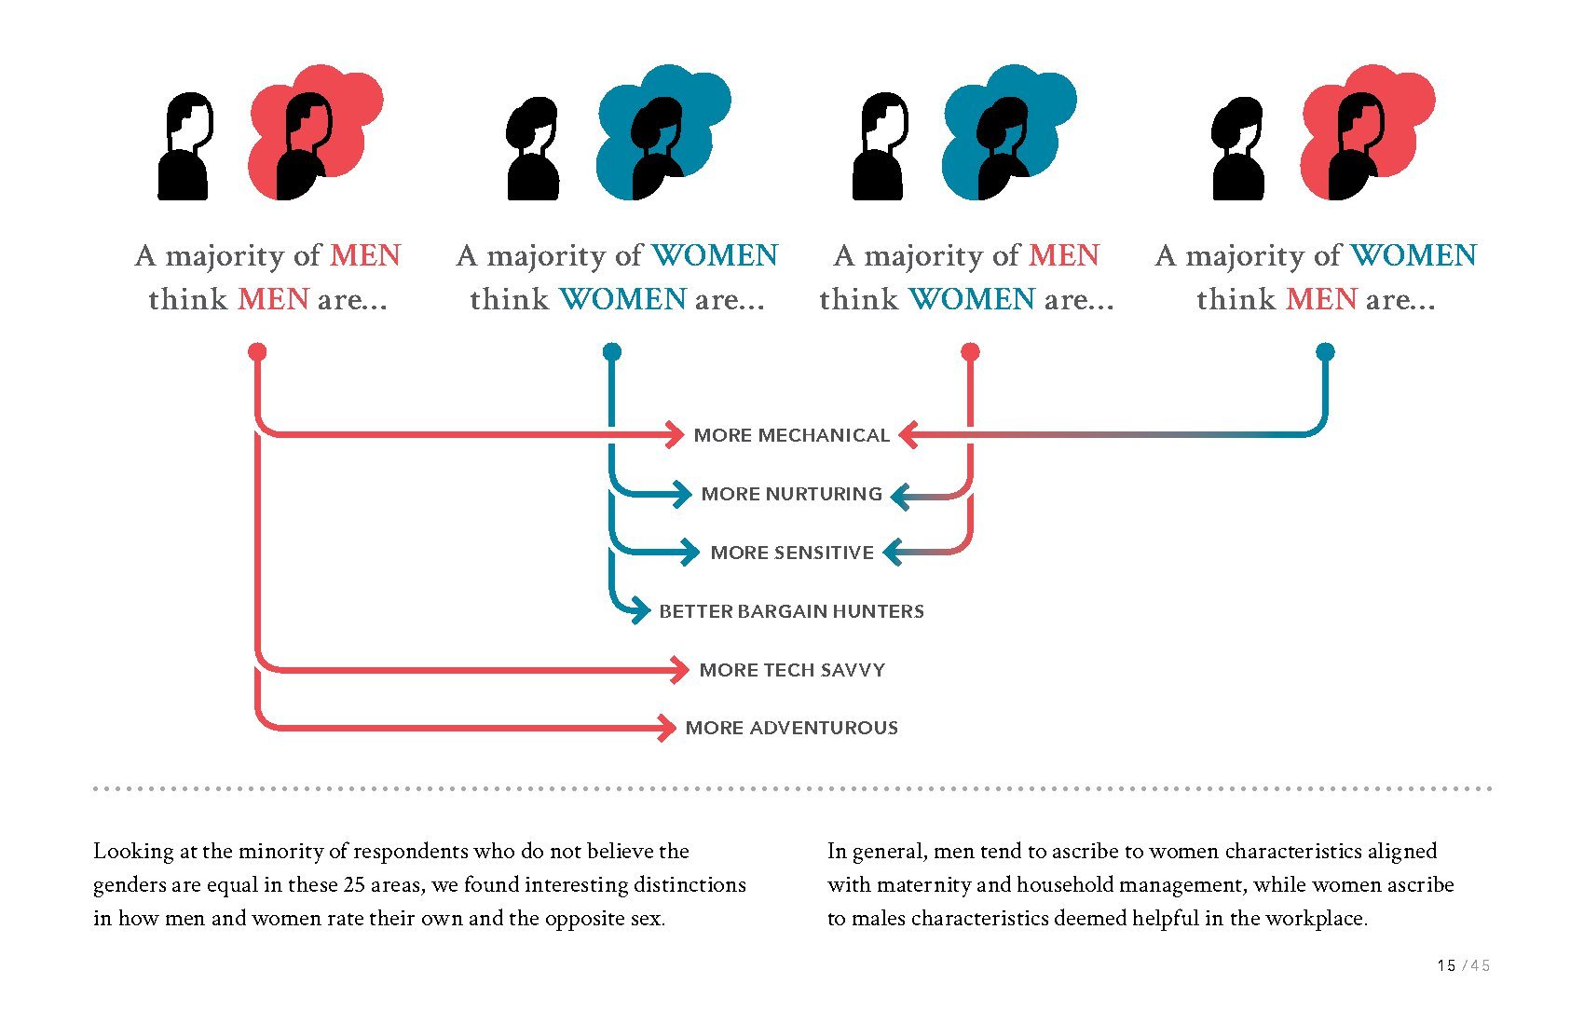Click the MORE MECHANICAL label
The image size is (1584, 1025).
click(791, 435)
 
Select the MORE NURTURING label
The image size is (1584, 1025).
click(791, 494)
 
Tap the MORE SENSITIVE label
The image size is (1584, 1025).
click(792, 553)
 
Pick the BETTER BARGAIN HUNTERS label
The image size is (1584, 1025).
click(791, 611)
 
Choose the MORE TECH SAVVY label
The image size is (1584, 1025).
click(792, 670)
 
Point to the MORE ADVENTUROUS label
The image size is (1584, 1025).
click(791, 728)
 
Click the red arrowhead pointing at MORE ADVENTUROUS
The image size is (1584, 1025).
click(667, 728)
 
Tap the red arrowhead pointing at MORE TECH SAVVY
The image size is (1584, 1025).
click(680, 670)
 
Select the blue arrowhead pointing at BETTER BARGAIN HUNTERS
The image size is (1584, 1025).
click(641, 610)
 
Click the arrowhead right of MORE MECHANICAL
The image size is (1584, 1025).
click(909, 434)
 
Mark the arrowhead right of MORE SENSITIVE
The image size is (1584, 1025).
click(892, 552)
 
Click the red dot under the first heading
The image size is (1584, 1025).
click(258, 352)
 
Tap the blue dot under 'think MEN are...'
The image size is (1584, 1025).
click(1325, 352)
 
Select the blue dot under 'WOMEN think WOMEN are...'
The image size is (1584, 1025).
click(611, 352)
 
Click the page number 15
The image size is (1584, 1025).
click(1446, 965)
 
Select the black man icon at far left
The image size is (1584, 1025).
click(185, 146)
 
